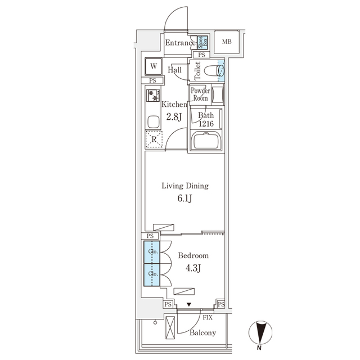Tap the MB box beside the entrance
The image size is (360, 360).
coord(226,42)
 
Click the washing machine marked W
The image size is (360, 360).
coord(153,67)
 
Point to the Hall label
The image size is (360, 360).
coord(175,70)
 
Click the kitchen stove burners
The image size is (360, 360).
coord(153,96)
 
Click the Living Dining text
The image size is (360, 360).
coord(185,186)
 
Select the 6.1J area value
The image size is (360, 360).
coord(185,199)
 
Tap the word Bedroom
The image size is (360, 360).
coord(193,255)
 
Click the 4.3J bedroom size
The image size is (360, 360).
coord(193,268)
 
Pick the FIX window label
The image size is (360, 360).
coord(207,317)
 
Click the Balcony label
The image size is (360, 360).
coord(202,333)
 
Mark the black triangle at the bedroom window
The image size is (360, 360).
coord(189,304)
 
